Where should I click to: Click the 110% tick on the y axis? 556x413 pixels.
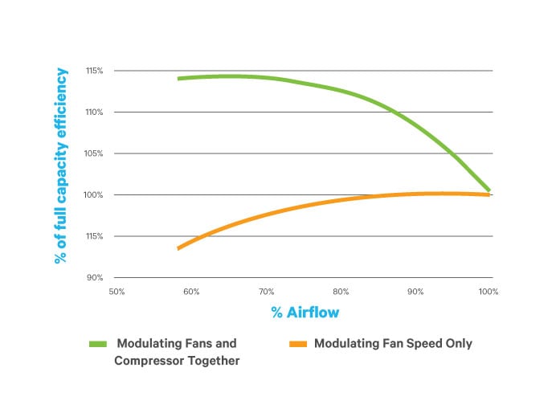tap(94, 112)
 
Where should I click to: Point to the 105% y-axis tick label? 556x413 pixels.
tap(94, 153)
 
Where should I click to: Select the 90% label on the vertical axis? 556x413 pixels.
tap(96, 278)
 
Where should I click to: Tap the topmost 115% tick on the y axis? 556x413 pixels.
tap(94, 71)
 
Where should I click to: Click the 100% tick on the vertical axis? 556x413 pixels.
tap(94, 195)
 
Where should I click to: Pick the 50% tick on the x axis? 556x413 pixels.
tap(116, 292)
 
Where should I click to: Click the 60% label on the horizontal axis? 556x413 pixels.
tap(191, 292)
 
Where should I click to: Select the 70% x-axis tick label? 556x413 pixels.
tap(267, 292)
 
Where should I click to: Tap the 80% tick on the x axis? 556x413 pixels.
tap(341, 292)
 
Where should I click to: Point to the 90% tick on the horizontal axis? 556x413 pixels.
tap(415, 292)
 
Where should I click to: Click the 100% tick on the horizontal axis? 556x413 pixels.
tap(489, 292)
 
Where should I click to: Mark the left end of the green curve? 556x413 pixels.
tap(178, 79)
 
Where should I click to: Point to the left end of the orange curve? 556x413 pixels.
tap(178, 248)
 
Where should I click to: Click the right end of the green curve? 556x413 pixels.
tap(489, 190)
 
